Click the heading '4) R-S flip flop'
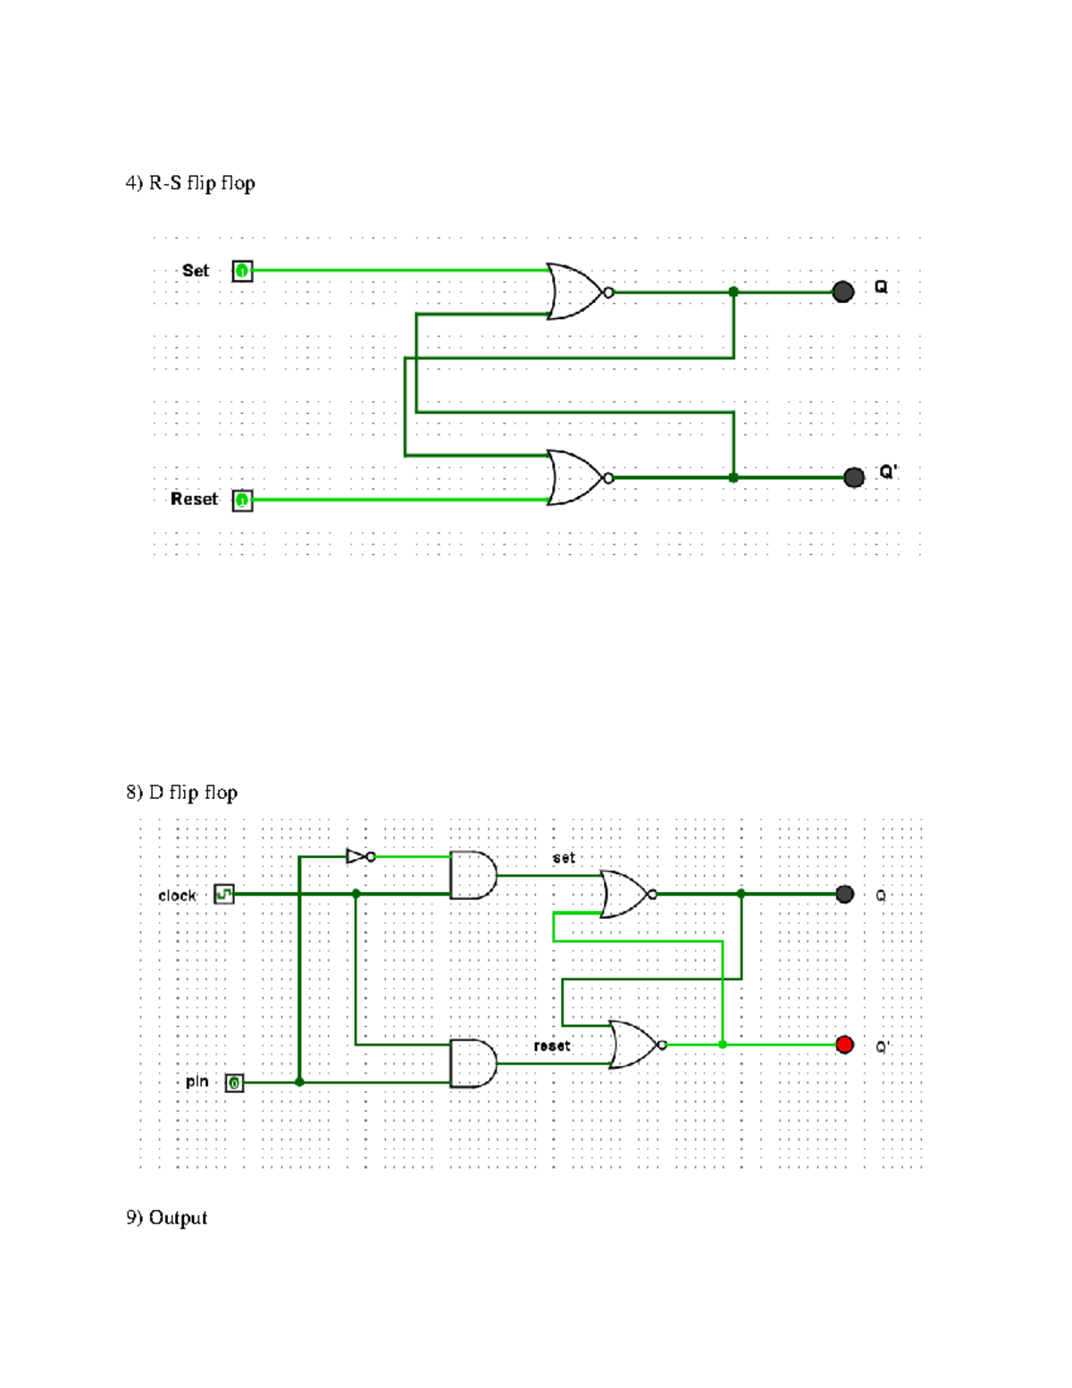190,183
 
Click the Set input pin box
242,271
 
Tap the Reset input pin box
242,500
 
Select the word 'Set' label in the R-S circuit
196,271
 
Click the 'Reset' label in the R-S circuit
194,500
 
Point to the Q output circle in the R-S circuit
842,291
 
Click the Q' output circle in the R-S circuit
854,477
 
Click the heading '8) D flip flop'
181,793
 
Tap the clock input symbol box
224,894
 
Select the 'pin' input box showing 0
234,1083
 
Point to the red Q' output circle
844,1045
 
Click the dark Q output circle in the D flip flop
844,894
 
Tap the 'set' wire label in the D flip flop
564,858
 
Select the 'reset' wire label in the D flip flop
552,1046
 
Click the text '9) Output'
166,1218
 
